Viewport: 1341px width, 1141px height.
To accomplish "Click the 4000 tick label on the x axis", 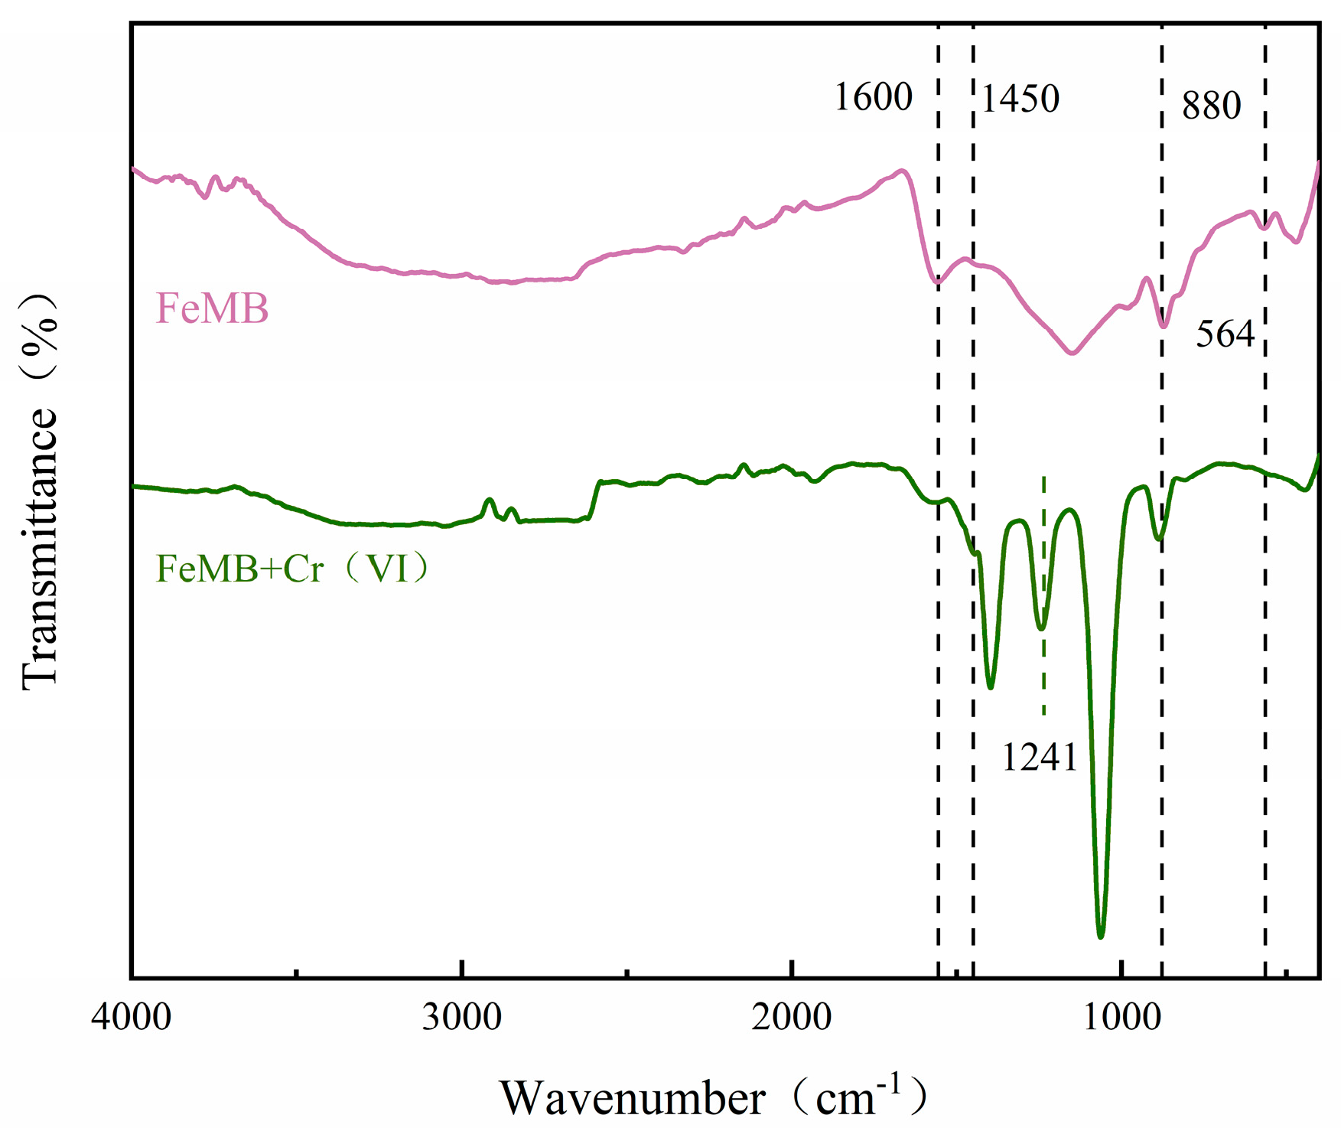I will (x=132, y=1019).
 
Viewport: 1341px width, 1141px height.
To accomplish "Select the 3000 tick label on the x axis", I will (x=462, y=1019).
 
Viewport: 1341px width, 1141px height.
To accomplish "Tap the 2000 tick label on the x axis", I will (x=792, y=1019).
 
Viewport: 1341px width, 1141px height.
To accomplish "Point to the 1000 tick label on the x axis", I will (x=1121, y=1019).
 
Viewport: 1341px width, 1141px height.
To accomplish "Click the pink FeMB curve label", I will (x=212, y=309).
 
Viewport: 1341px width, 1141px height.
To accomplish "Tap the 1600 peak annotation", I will (x=873, y=98).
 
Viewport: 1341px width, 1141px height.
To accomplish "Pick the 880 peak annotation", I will (x=1211, y=106).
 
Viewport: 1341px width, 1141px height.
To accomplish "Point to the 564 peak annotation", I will (x=1225, y=334).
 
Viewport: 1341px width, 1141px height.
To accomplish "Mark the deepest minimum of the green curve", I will (x=1101, y=935).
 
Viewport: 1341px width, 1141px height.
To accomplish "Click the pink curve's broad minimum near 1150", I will (x=1072, y=353).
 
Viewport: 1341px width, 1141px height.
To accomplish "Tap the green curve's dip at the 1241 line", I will (x=1041, y=628).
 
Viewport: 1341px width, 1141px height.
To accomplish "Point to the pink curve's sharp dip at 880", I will (x=1164, y=326).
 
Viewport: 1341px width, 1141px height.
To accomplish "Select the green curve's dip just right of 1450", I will (x=991, y=686).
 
